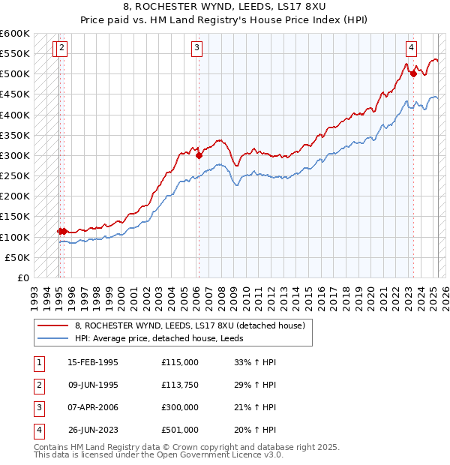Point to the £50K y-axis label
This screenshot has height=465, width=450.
(16, 257)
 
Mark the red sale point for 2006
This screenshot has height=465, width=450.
(199, 156)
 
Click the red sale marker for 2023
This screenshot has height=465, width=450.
(413, 73)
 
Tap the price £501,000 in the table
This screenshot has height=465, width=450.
(180, 430)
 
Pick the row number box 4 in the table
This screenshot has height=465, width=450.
(38, 430)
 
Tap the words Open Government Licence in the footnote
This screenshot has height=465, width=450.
(223, 454)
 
